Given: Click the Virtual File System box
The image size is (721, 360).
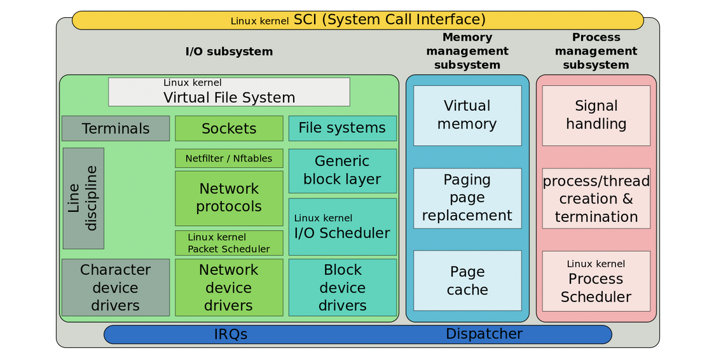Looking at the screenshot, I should pyautogui.click(x=229, y=92).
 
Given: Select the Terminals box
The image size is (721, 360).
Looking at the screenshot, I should pyautogui.click(x=116, y=128).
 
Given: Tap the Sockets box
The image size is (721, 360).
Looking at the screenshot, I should pyautogui.click(x=229, y=128).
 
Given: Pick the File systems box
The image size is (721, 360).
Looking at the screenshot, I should pyautogui.click(x=342, y=128).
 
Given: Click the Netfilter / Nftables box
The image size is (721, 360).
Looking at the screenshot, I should pyautogui.click(x=229, y=158).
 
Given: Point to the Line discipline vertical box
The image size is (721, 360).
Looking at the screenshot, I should pyautogui.click(x=83, y=198).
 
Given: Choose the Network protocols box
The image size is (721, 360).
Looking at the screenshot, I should pyautogui.click(x=229, y=198).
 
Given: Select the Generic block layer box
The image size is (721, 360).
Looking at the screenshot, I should pyautogui.click(x=342, y=170).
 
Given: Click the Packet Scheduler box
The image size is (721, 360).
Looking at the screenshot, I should pyautogui.click(x=229, y=243).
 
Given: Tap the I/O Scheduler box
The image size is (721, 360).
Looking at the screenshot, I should pyautogui.click(x=342, y=227).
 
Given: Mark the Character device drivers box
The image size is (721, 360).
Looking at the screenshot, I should pyautogui.click(x=116, y=287).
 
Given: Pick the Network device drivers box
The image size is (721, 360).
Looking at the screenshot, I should pyautogui.click(x=229, y=287).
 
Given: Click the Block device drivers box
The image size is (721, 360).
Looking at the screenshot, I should pyautogui.click(x=342, y=287).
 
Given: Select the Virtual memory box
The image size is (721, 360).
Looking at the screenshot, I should pyautogui.click(x=467, y=115).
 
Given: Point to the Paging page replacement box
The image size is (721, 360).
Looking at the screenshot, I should pyautogui.click(x=467, y=198).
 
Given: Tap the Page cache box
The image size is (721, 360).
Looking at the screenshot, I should pyautogui.click(x=467, y=280).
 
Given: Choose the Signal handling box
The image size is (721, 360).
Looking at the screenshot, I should pyautogui.click(x=596, y=115).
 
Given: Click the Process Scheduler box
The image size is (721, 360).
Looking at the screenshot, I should pyautogui.click(x=596, y=280).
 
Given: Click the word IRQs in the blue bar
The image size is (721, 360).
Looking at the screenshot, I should pyautogui.click(x=230, y=334).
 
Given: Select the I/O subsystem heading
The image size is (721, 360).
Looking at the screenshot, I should pyautogui.click(x=229, y=52).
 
